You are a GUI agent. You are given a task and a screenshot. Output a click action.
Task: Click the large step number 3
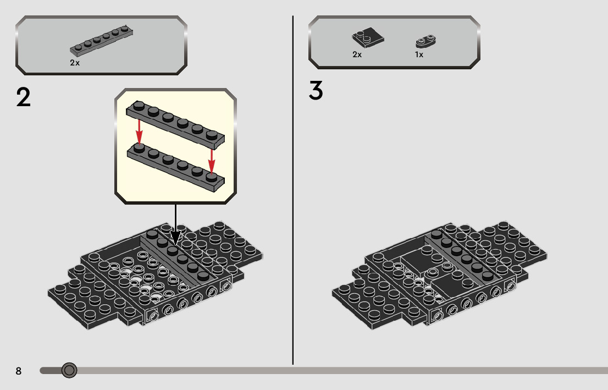pos(316,90)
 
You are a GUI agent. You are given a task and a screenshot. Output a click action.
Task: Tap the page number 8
pos(18,371)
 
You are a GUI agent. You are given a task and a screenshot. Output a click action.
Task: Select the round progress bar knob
pos(69,370)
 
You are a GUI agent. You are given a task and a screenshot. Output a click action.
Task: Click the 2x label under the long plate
pos(75,63)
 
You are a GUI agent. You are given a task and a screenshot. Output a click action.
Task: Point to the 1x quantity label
pos(419,54)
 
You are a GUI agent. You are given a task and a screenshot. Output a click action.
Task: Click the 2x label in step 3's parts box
pos(357,54)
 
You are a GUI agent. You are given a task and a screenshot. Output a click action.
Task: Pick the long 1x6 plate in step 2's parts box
pos(102,40)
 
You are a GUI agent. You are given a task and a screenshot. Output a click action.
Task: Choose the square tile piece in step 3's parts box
pos(368,37)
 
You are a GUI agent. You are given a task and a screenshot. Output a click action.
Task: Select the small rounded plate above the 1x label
pos(425,41)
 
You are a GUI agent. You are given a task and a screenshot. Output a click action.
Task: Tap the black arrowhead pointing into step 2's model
pos(176,238)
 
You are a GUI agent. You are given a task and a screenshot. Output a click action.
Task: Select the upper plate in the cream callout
pos(175,124)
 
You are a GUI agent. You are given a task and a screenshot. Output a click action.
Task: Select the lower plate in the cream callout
pos(176,167)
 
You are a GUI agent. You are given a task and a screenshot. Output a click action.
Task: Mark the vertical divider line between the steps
pos(293,190)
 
